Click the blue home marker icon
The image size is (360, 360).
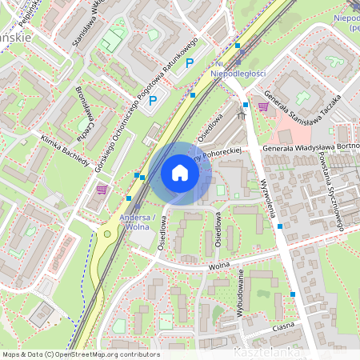pyautogui.click(x=180, y=173)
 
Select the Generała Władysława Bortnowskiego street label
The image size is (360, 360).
pyautogui.click(x=311, y=147)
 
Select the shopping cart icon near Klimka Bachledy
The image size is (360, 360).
pyautogui.click(x=102, y=190)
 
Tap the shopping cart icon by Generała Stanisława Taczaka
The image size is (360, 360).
pyautogui.click(x=263, y=106)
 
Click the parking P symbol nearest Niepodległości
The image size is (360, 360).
pyautogui.click(x=190, y=62)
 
